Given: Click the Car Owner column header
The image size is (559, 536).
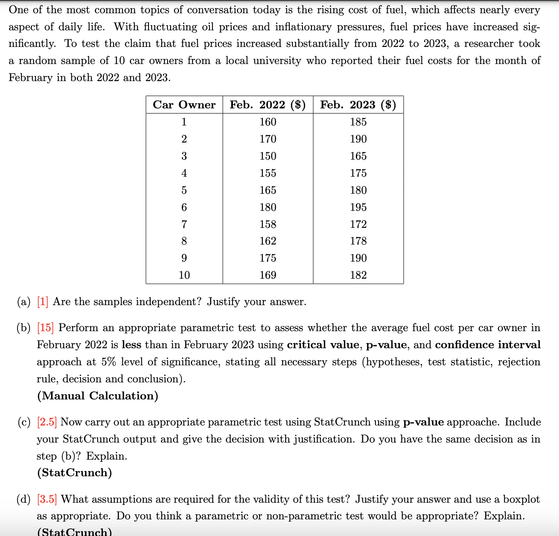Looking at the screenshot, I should (184, 105).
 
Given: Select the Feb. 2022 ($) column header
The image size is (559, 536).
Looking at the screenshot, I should (268, 105).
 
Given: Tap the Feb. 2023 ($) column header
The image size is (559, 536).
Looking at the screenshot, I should (358, 105).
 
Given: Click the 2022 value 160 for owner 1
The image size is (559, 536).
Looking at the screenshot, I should (268, 122).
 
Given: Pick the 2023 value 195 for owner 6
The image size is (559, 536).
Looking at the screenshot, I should (358, 207).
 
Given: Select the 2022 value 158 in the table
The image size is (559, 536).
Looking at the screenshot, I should (268, 224).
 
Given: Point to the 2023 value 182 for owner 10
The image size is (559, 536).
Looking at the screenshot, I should (358, 275).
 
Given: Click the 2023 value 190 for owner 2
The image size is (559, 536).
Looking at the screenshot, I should (358, 139).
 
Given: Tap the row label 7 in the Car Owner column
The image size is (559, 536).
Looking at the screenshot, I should (184, 224).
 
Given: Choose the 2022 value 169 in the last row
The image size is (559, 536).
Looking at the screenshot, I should (268, 275).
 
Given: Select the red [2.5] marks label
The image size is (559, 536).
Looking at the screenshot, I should (47, 422).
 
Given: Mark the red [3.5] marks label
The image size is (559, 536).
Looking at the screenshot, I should (47, 499).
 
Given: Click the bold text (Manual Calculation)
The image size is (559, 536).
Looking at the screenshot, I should (98, 396).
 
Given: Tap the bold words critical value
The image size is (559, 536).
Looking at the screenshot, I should (323, 345).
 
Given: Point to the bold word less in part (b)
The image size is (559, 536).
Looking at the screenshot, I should (131, 345).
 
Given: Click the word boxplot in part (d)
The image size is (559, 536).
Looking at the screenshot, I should (521, 499).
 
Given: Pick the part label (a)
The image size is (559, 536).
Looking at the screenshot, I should (24, 302).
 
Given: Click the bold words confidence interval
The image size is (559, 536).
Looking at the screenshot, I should (488, 345).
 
